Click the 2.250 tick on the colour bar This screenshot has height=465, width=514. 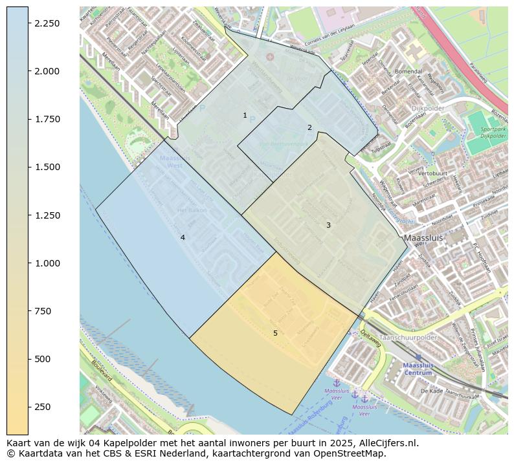pyautogui.click(x=28, y=23)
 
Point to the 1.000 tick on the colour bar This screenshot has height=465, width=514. pyautogui.click(x=28, y=263)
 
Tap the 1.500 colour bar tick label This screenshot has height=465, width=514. pyautogui.click(x=47, y=167)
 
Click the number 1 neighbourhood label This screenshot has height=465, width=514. pyautogui.click(x=245, y=116)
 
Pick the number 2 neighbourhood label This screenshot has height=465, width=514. pyautogui.click(x=309, y=127)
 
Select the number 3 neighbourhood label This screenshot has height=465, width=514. pyautogui.click(x=328, y=225)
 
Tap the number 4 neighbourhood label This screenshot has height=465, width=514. pyautogui.click(x=183, y=238)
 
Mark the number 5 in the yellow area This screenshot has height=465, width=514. pyautogui.click(x=275, y=333)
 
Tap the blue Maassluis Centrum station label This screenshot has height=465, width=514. pyautogui.click(x=418, y=369)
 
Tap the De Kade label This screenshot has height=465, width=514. pyautogui.click(x=431, y=391)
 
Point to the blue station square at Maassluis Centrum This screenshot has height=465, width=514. pyautogui.click(x=418, y=357)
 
